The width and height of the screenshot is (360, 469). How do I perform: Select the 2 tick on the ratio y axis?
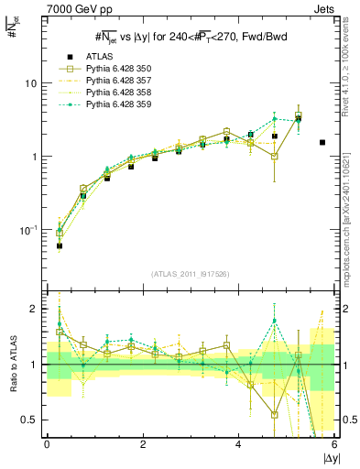(x=33, y=309)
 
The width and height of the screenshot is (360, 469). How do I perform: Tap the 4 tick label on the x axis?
(x=239, y=444)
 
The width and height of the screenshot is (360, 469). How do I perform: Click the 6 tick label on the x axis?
(x=334, y=444)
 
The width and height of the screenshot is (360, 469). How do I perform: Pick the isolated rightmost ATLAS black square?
(x=322, y=142)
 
